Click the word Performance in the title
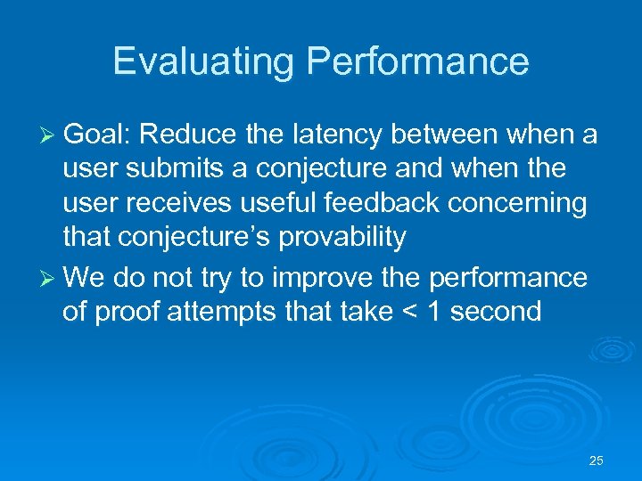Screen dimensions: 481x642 click(417, 61)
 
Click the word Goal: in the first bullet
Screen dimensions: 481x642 click(98, 135)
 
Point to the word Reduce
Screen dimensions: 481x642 click(187, 135)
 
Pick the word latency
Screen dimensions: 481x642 click(332, 135)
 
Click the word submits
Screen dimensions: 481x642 click(166, 169)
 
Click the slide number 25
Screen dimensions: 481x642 click(597, 461)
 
